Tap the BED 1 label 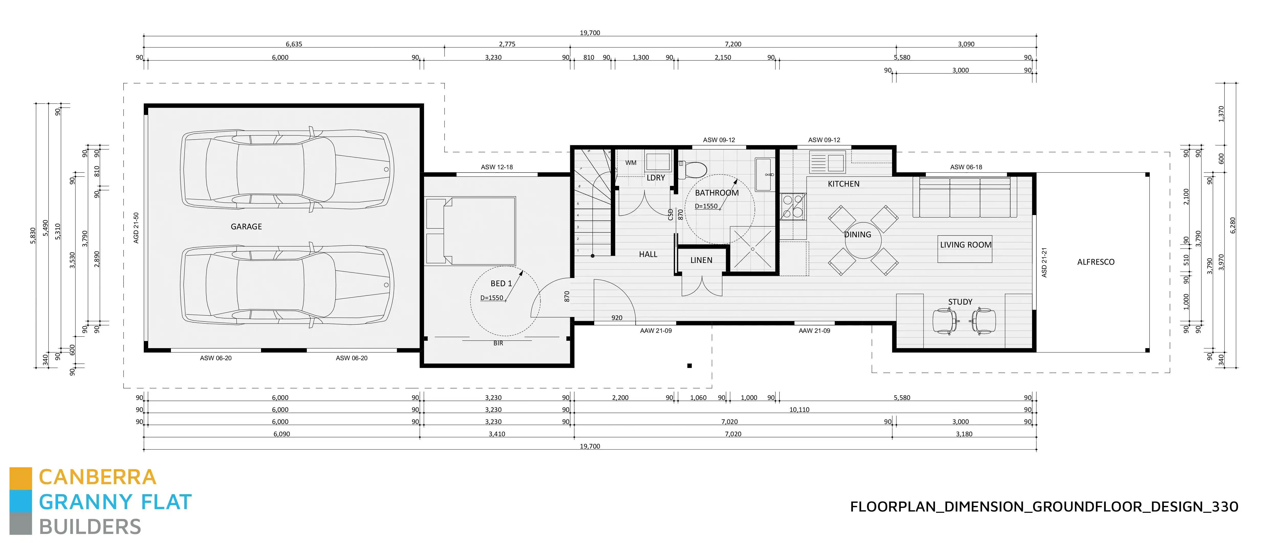point(501,283)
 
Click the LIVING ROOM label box point(964,249)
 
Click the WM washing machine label point(631,163)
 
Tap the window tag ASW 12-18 point(496,167)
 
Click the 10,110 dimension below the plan point(799,409)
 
